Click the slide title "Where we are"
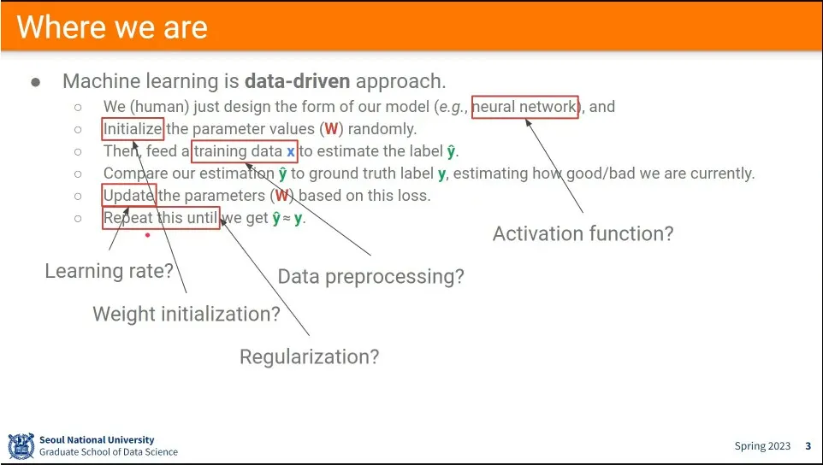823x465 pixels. point(112,27)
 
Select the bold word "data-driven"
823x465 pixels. point(297,81)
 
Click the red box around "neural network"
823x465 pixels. point(525,97)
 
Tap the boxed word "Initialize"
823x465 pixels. point(133,129)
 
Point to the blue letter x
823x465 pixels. point(290,152)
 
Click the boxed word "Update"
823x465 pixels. point(128,196)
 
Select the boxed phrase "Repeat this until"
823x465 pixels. point(161,218)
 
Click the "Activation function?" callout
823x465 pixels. point(583,234)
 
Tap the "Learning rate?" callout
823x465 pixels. point(110,271)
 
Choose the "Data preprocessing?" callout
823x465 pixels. point(370,277)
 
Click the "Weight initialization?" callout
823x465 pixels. point(187,314)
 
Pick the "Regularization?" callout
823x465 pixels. point(309,357)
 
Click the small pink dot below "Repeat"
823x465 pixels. point(147,235)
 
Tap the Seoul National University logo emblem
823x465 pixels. point(21,446)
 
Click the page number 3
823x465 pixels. point(808,446)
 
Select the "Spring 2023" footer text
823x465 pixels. point(762,446)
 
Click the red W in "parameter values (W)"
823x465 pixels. point(331,129)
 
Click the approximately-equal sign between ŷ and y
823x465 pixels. point(287,219)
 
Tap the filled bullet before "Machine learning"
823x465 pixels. point(36,82)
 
